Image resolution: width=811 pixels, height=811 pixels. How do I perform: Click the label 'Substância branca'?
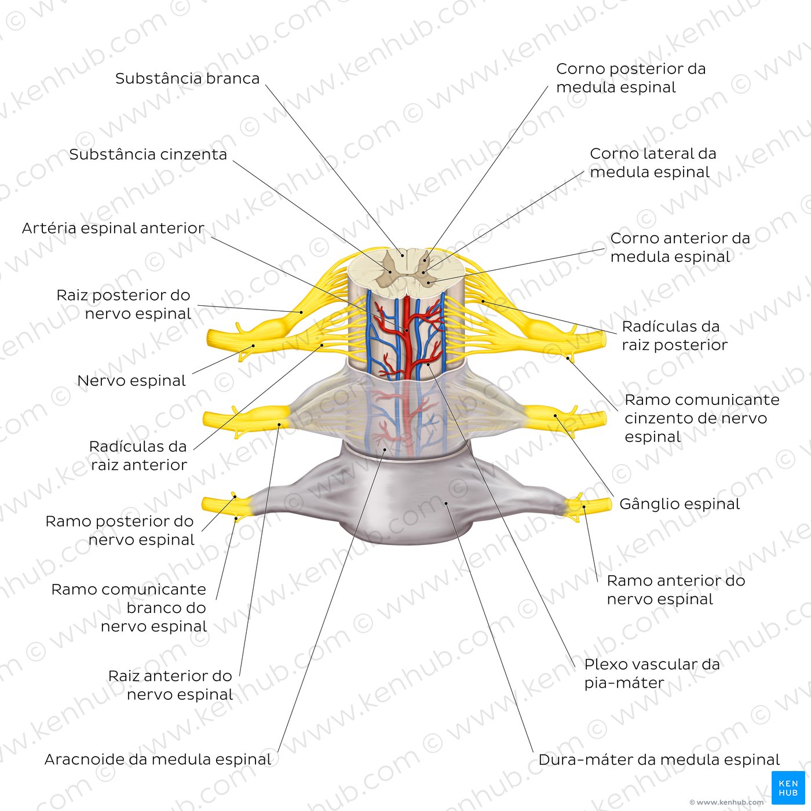[x=187, y=79]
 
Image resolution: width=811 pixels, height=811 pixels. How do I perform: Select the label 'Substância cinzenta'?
[x=148, y=155]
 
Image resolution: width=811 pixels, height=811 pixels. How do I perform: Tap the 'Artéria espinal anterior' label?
[x=113, y=228]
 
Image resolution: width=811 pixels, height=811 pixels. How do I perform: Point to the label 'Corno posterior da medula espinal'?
[x=631, y=78]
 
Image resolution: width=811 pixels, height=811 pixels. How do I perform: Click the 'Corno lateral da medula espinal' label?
[x=653, y=163]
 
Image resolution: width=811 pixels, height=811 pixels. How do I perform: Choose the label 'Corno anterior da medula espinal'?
[x=680, y=247]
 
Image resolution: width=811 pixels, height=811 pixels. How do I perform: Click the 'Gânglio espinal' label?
[x=680, y=504]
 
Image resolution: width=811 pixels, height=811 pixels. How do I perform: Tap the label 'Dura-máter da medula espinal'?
[x=659, y=759]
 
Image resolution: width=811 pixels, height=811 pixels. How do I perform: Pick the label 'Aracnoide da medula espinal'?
[x=158, y=759]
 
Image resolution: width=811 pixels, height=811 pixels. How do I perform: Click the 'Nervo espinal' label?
[x=131, y=381]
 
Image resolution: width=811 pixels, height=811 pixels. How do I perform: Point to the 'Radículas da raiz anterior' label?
[x=138, y=456]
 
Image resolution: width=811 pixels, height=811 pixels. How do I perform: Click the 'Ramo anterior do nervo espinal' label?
[x=676, y=590]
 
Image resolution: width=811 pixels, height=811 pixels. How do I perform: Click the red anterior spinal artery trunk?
[x=407, y=337]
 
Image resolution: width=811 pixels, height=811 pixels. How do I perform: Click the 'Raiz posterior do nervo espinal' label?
[x=124, y=304]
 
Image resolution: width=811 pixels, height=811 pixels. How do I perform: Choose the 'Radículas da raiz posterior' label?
[x=675, y=336]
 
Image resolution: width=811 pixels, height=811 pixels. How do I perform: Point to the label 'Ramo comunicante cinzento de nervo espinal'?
[x=702, y=418]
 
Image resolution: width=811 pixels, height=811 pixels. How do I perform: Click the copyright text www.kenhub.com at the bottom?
[x=726, y=802]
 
